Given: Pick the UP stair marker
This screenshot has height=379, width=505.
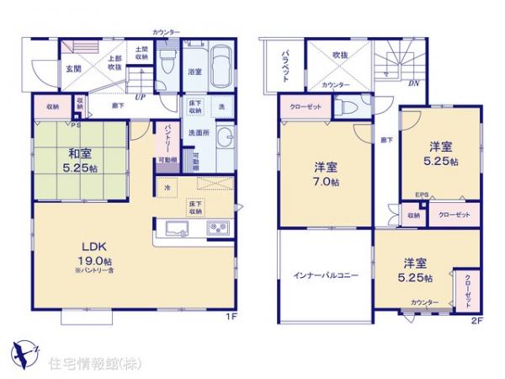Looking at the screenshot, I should pos(140,96).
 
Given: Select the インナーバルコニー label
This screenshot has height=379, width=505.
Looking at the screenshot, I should pos(325,275).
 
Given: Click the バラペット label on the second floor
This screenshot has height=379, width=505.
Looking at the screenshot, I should pos(284,65).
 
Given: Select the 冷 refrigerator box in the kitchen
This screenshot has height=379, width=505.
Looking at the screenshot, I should pos(167,188).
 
